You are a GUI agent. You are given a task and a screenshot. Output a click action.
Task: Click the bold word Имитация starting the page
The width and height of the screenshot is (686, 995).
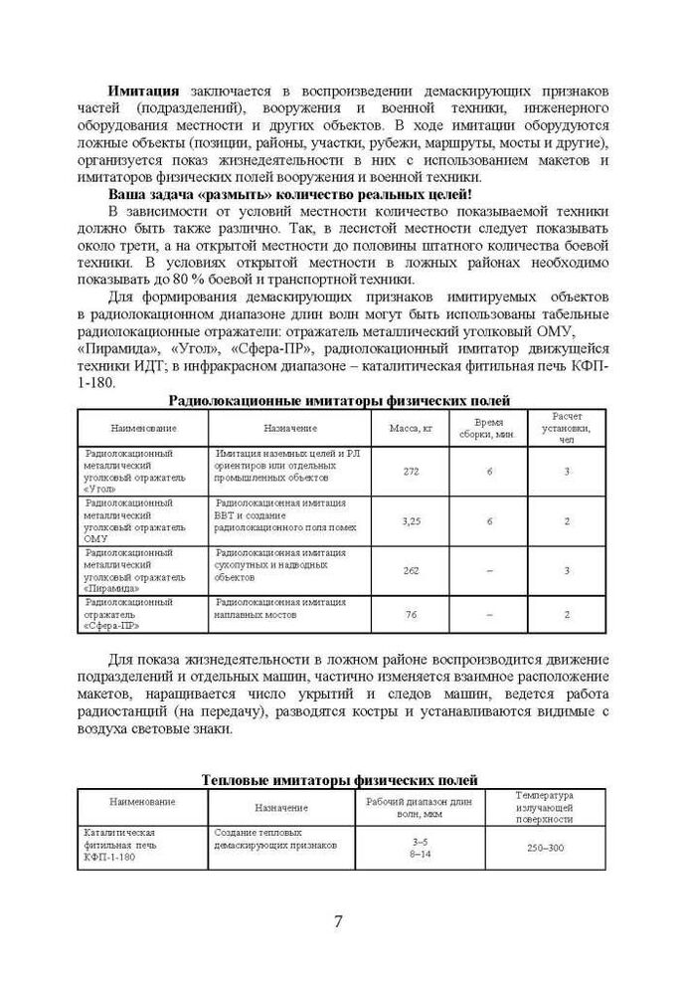[144, 91]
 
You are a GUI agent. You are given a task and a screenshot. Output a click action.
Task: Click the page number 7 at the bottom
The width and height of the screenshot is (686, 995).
[339, 920]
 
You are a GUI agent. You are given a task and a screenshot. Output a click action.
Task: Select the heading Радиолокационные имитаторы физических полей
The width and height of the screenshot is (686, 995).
[339, 400]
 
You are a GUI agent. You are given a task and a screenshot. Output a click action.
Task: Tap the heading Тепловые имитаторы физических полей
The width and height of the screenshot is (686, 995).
[339, 779]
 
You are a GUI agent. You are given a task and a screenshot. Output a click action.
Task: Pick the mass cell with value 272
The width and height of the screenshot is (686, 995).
[411, 471]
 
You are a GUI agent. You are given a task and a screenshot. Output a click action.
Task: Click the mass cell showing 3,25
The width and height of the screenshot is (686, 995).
[411, 520]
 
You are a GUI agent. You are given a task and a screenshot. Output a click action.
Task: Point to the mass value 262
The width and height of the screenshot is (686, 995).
[411, 570]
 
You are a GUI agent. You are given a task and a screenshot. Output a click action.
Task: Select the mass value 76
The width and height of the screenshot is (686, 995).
[411, 614]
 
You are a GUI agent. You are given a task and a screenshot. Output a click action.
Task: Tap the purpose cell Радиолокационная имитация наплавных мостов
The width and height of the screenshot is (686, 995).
[280, 608]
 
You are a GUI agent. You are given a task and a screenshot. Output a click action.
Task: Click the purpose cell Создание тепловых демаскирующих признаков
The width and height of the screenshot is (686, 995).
[275, 838]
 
